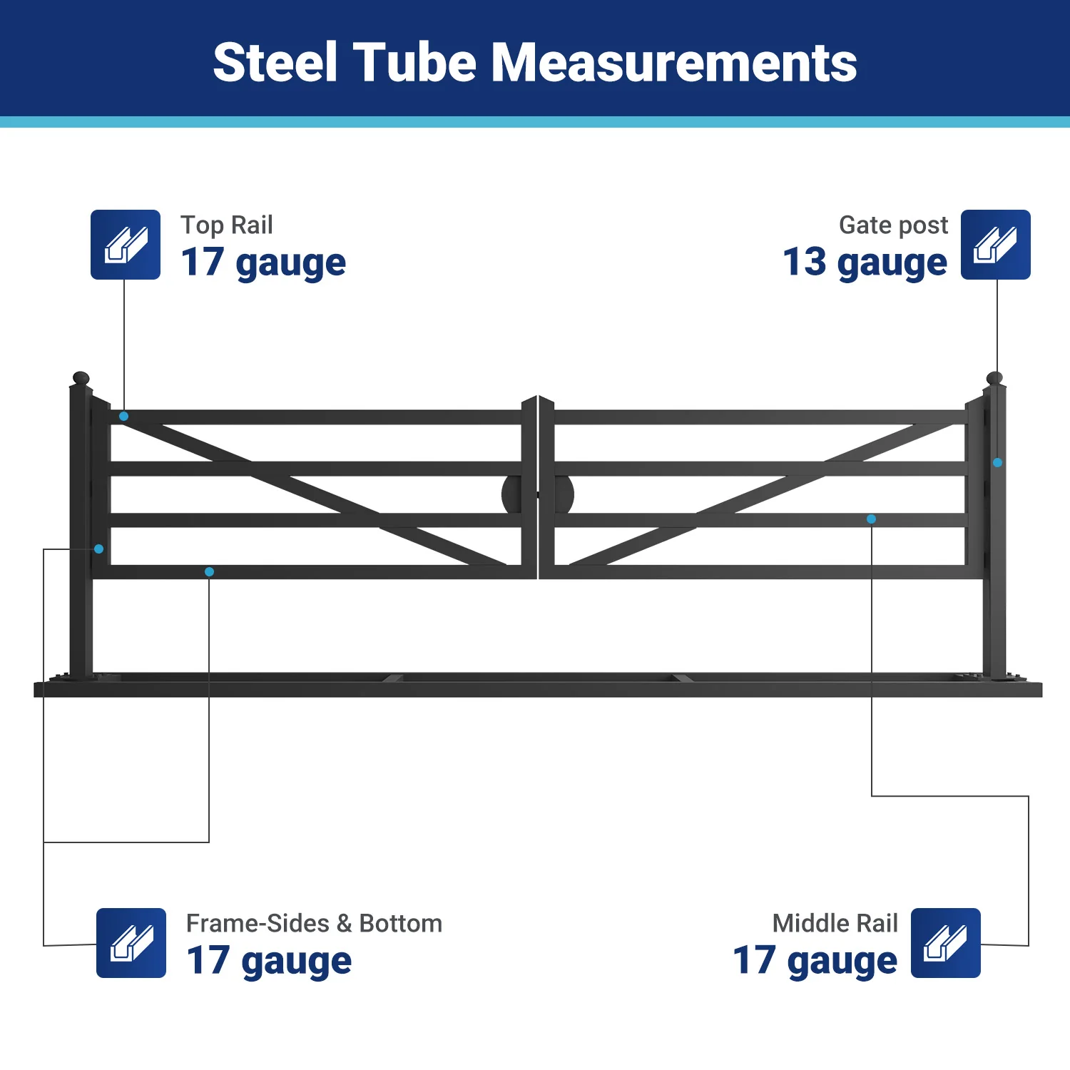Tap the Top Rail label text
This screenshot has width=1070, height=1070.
coord(226,225)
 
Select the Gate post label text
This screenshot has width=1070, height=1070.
coord(893,225)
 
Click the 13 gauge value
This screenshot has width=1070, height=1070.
coord(865,263)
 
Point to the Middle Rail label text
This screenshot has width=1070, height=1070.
coord(835,923)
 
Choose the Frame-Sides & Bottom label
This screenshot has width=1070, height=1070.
coord(314,923)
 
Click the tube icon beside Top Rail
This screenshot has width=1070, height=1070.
coord(126,245)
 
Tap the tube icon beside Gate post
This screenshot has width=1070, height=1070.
coord(995,245)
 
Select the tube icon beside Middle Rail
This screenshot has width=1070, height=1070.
coord(945,943)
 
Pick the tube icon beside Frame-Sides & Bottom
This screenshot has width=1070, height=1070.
coord(131,943)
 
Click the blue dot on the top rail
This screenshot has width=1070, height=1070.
coord(124,416)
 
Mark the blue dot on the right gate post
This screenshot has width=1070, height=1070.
coord(997,463)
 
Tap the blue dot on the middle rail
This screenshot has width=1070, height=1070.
coord(871,519)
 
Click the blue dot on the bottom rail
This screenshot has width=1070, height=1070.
coord(209,572)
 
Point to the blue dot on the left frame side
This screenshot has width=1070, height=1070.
coord(99,549)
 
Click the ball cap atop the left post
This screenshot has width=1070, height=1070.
coord(81,378)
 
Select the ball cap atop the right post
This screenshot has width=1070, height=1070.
coord(994,378)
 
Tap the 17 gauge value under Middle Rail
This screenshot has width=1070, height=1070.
coord(815,961)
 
